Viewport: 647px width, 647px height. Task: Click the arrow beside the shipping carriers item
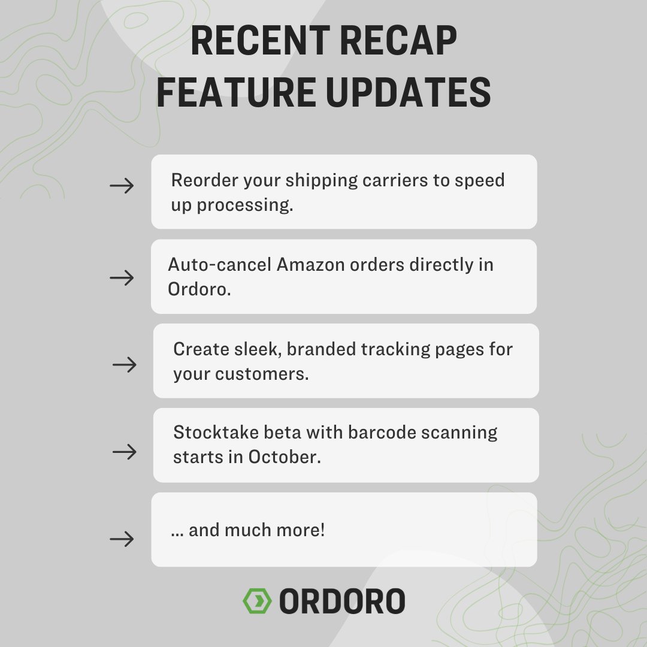[x=122, y=186]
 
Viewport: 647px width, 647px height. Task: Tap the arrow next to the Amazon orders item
[x=122, y=278]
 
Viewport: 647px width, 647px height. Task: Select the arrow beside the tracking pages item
[x=125, y=365]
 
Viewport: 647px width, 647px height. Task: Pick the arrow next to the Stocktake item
[x=125, y=452]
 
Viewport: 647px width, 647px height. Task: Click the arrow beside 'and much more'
[x=122, y=540]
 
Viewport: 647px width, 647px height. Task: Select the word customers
[x=269, y=374]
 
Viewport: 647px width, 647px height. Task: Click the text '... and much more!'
[x=247, y=530]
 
